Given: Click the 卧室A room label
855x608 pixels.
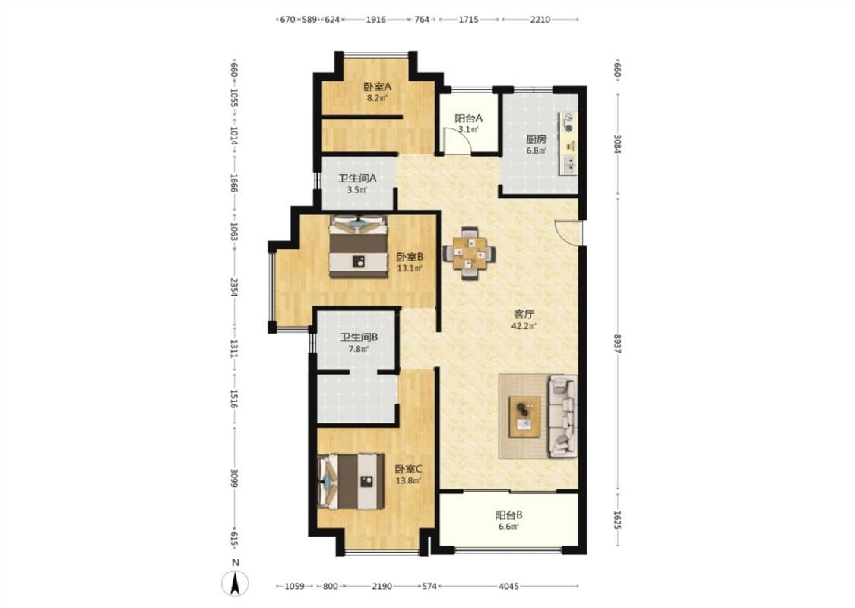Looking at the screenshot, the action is (x=377, y=87).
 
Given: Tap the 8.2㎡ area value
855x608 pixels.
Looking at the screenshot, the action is (x=377, y=98).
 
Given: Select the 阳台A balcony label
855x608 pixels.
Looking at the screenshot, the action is (x=468, y=118).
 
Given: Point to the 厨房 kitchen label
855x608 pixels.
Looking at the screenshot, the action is (x=536, y=139).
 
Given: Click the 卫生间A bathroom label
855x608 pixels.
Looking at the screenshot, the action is (x=357, y=179).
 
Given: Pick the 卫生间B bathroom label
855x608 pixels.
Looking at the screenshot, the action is (x=359, y=337).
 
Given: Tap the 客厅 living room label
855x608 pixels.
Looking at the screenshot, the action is (x=524, y=315).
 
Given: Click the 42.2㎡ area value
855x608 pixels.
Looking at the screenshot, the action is (x=524, y=327).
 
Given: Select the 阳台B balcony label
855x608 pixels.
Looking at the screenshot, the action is (x=508, y=515).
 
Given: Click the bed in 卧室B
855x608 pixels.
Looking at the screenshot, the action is (x=358, y=246).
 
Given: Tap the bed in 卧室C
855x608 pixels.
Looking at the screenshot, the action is (x=351, y=482).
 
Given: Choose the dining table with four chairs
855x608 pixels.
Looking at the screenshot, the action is (x=469, y=254).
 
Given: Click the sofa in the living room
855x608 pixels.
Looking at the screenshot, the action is (x=563, y=416).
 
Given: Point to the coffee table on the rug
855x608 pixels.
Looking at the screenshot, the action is (x=524, y=416).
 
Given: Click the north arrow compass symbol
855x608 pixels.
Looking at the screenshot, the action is (x=235, y=582).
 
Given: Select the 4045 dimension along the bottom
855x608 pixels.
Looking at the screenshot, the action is (x=508, y=587).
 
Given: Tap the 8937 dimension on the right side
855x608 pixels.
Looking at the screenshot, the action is (x=617, y=344).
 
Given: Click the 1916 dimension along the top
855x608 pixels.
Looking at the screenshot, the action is (x=375, y=20).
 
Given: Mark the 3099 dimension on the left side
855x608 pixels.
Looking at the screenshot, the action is (x=235, y=478).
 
